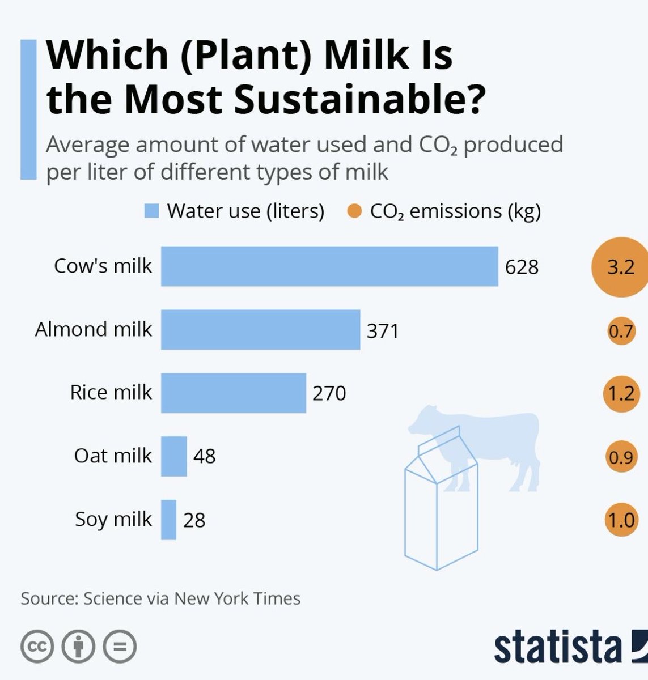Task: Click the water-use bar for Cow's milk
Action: point(329,266)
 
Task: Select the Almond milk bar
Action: point(260,329)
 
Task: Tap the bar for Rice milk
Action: point(233,393)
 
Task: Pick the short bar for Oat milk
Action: point(173,456)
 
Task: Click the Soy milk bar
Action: point(168,520)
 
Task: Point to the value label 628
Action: point(522,267)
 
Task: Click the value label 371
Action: point(383,330)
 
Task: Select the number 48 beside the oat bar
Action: point(204,456)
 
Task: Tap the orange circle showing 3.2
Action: point(620,267)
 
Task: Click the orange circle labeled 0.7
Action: point(620,330)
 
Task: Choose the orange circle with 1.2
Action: point(620,393)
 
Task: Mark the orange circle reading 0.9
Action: point(620,457)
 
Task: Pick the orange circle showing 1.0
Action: point(620,520)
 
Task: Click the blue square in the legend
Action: point(151,211)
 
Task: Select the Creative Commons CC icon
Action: point(37,646)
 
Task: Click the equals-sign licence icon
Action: point(120,646)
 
